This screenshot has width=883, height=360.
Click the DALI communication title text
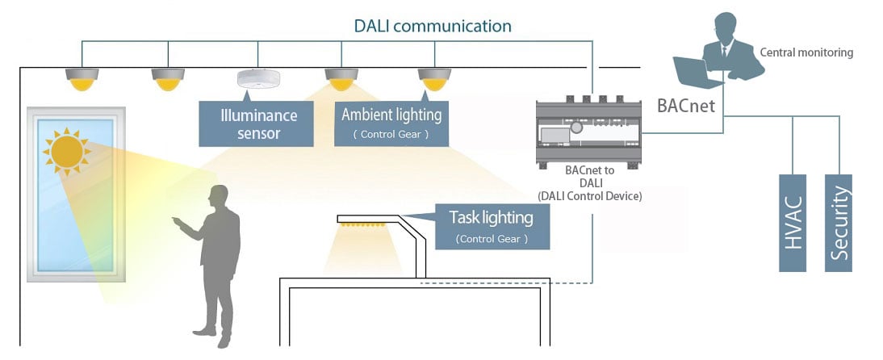[433, 26]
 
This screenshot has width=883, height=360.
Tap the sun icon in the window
[67, 151]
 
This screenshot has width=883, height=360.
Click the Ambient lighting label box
[391, 123]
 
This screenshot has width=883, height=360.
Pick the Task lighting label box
[492, 226]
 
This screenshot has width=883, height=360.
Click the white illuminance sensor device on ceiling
[258, 79]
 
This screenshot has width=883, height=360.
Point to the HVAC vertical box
[793, 222]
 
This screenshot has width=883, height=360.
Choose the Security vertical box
[839, 222]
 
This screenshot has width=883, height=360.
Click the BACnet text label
[685, 105]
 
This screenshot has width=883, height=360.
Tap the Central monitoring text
[806, 52]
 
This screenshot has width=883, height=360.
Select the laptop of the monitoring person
[696, 70]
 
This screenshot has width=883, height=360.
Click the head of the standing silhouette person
[218, 195]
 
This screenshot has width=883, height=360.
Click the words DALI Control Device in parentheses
[589, 196]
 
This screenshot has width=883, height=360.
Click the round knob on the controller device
[577, 128]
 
